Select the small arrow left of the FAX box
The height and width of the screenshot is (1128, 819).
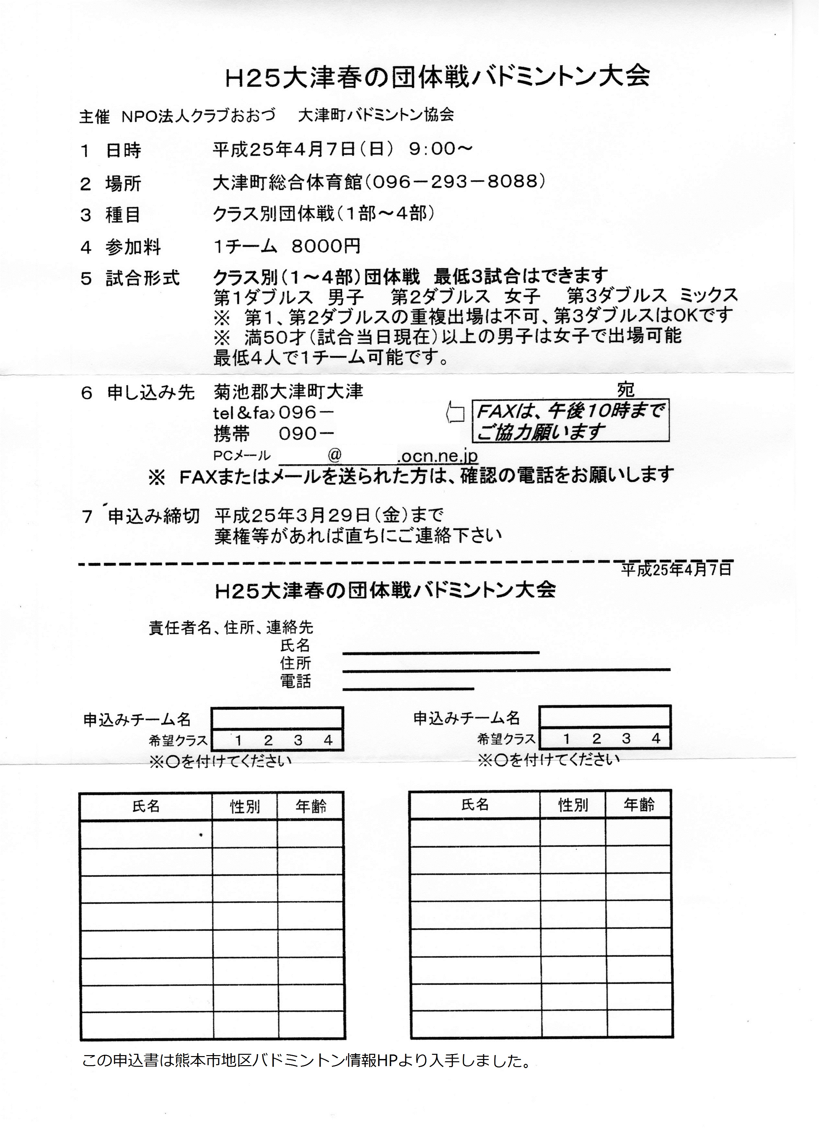coord(455,413)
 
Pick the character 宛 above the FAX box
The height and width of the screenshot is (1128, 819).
coord(626,389)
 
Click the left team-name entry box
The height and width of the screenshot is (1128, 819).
coord(277,718)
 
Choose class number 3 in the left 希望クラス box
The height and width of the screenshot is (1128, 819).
coord(298,740)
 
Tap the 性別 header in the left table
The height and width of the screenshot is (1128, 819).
coord(245,806)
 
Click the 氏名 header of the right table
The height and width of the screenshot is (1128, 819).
coord(475,804)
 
